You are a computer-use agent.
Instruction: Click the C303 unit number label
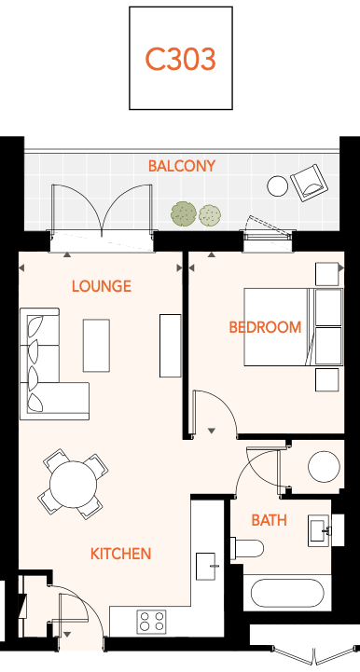tap(180, 59)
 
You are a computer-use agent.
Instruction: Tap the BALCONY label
tap(182, 166)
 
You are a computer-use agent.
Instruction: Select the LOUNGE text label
tap(102, 286)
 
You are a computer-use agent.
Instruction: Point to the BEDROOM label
tap(265, 327)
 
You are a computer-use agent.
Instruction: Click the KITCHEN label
tap(120, 554)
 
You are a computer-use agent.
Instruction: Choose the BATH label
tap(269, 520)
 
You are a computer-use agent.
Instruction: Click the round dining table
tap(73, 485)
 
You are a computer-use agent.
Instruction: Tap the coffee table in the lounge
tap(96, 346)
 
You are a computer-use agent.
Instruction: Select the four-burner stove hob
tap(151, 622)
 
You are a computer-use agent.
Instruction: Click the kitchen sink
tap(206, 566)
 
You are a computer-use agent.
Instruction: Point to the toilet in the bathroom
tap(247, 549)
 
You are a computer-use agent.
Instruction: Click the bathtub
tap(287, 594)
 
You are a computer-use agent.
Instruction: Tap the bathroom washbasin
tap(320, 530)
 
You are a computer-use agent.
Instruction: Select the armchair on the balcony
tap(309, 183)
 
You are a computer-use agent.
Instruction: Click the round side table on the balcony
tap(278, 186)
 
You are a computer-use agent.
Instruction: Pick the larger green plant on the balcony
tap(184, 213)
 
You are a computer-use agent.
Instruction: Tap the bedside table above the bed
tap(327, 274)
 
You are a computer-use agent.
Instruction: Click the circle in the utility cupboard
tap(325, 467)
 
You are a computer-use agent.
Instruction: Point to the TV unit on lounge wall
tap(171, 346)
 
